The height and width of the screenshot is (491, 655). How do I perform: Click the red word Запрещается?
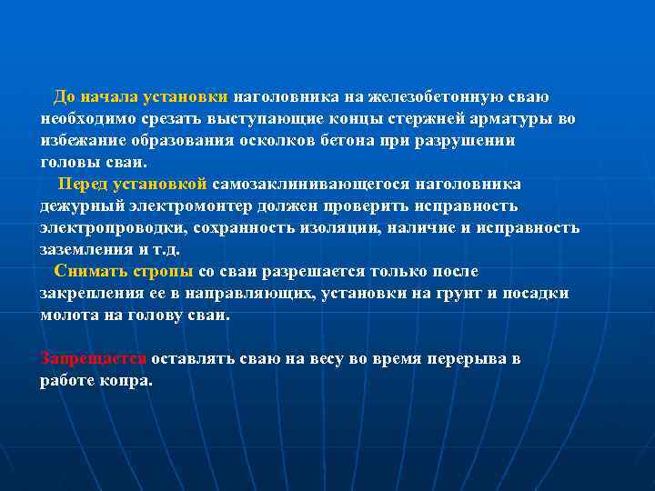(94, 359)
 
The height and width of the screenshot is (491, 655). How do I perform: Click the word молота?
(67, 316)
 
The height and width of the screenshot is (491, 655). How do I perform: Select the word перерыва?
(453, 359)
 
